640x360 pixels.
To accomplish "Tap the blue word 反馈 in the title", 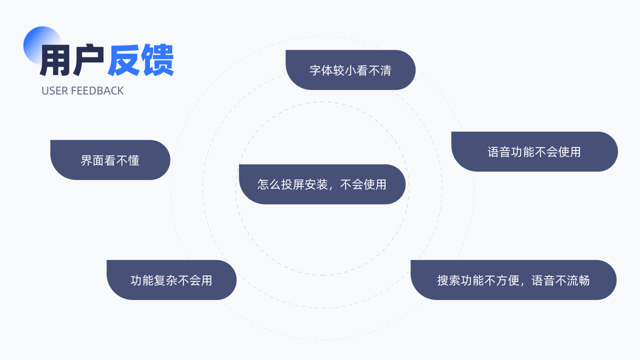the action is (141, 61).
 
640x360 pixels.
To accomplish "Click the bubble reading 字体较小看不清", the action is (350, 70).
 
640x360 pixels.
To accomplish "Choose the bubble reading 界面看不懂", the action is (110, 160).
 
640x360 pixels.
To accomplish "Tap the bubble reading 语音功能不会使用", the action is (534, 152).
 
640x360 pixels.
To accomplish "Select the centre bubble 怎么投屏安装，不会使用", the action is (322, 184).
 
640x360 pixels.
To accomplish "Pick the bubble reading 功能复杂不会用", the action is (172, 280).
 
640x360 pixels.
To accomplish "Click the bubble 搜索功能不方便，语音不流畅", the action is (513, 280).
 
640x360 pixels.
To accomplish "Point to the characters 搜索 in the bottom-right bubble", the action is (449, 280).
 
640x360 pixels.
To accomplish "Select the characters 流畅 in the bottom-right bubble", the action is (578, 280).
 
